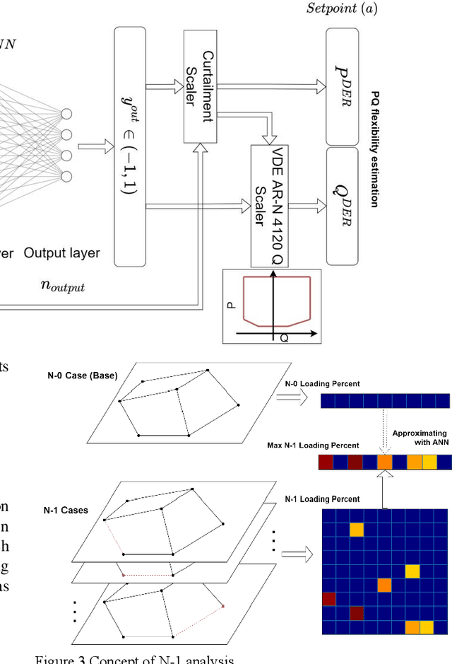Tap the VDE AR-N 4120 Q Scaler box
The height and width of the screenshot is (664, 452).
[270, 205]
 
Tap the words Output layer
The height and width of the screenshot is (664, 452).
[62, 252]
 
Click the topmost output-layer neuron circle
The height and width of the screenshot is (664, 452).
[67, 113]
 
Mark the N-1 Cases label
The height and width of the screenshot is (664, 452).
[64, 509]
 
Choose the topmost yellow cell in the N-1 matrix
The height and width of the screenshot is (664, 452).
[357, 530]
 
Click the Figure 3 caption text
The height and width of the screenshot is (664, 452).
[134, 659]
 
